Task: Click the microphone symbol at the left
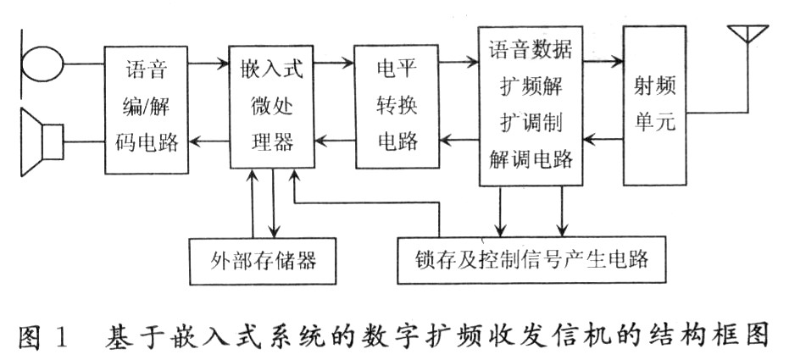[x=42, y=63]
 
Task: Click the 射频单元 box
[x=654, y=105]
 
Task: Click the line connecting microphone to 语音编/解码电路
[x=83, y=63]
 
